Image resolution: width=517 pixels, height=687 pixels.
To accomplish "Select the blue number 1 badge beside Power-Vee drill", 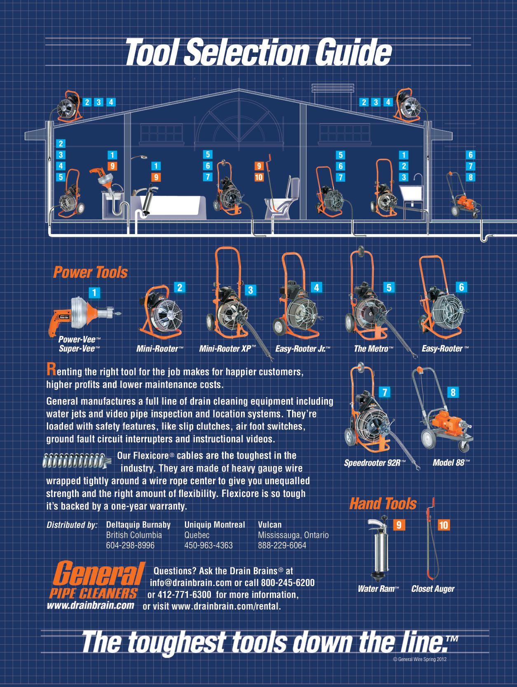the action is (94, 293).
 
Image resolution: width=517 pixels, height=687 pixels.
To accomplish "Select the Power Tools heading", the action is (90, 272).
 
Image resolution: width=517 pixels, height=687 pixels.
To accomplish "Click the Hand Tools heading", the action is (383, 504).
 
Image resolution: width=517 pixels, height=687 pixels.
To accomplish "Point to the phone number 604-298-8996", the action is (130, 545).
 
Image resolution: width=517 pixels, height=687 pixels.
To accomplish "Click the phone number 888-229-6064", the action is (282, 545).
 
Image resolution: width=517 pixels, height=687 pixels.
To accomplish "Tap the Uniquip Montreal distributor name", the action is (215, 525).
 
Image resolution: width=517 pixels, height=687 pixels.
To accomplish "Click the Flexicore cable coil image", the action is (77, 461).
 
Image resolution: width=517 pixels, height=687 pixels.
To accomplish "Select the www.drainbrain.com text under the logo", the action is (90, 605).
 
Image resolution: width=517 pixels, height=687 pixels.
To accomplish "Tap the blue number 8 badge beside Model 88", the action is (453, 392).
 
